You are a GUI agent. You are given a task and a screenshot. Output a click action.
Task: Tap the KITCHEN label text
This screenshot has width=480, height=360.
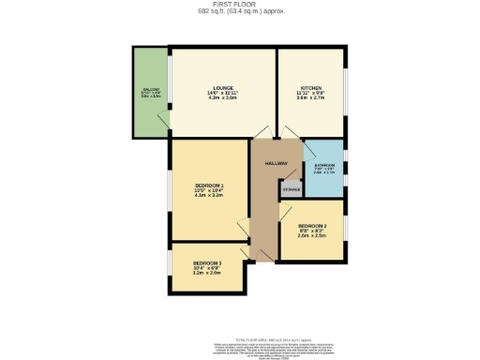click(x=311, y=88)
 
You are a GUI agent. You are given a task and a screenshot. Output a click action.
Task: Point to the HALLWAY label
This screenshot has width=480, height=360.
click(x=275, y=163)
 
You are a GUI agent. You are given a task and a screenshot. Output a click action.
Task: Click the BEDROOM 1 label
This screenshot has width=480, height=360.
click(x=208, y=184)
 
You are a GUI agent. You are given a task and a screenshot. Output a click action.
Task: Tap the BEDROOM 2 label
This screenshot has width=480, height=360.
click(x=311, y=226)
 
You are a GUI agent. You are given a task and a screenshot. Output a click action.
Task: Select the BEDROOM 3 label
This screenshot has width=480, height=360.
click(x=207, y=262)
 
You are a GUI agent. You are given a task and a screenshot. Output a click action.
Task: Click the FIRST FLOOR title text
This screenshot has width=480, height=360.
click(x=241, y=5)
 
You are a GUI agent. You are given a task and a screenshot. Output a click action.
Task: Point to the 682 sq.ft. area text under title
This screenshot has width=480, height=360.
click(x=241, y=12)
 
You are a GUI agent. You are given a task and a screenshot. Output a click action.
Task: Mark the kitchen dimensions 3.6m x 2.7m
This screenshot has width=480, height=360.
click(x=311, y=98)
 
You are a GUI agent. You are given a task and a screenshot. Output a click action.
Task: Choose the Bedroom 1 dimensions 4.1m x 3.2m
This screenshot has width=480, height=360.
click(x=208, y=195)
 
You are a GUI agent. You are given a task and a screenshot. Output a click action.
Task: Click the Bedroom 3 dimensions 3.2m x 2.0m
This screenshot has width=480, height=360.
click(x=207, y=273)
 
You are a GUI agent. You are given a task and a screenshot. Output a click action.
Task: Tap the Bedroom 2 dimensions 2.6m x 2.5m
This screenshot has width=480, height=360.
click(x=311, y=236)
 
